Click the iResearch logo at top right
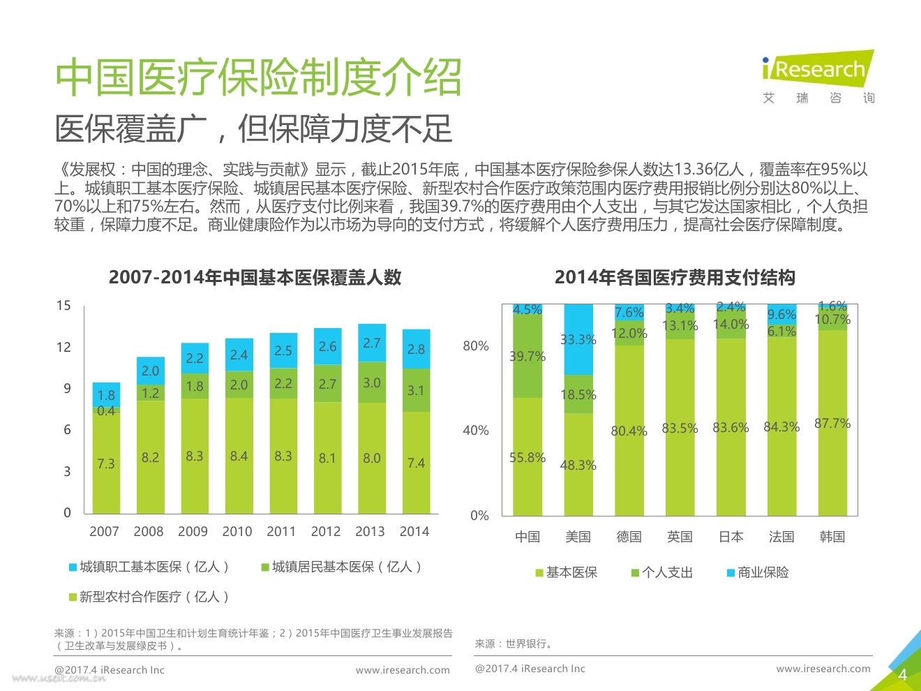point(818,70)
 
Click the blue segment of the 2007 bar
point(106,394)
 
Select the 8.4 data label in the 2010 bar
point(239,456)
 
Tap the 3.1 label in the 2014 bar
point(416,390)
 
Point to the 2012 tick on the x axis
point(326,531)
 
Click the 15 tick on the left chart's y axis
point(63,305)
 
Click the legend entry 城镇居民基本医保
point(341,567)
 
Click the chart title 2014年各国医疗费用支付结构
point(675,277)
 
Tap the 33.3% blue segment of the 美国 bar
point(578,339)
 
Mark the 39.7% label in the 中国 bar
point(527,356)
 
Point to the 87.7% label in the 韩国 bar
point(832,423)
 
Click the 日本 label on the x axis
point(731,537)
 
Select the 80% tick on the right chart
point(476,346)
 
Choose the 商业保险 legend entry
point(758,572)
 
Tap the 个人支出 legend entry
point(662,572)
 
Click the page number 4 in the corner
point(902,674)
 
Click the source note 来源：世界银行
point(514,644)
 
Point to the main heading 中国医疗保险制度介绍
point(258,77)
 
